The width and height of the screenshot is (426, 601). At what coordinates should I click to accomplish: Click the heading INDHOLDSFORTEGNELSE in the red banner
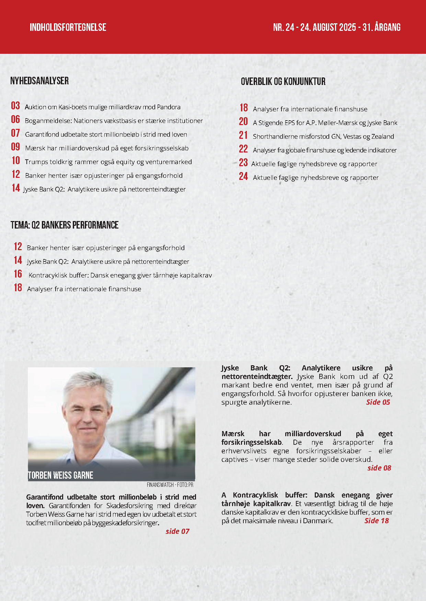(68, 27)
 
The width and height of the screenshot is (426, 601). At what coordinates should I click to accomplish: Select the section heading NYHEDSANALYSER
(39, 81)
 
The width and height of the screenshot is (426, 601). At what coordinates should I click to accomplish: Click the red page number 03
(15, 106)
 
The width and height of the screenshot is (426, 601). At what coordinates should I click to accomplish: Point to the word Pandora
(169, 107)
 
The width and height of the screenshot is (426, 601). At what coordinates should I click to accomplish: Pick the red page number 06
(15, 120)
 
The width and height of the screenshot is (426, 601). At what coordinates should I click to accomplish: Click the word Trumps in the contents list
(36, 162)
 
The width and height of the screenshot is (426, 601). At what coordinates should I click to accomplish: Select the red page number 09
(15, 147)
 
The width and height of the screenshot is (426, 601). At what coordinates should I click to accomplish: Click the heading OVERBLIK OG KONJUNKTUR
(283, 82)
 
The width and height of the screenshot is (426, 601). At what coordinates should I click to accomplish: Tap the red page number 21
(243, 135)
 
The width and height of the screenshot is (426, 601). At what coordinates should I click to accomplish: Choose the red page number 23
(243, 163)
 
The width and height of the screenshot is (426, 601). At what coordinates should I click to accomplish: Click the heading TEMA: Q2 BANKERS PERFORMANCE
(65, 225)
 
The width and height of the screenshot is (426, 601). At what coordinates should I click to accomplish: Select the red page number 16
(18, 274)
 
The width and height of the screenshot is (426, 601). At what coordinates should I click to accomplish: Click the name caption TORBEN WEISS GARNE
(60, 475)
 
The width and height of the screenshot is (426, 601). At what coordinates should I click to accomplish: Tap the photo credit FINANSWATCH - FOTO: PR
(170, 485)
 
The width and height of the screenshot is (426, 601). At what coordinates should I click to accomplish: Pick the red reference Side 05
(378, 402)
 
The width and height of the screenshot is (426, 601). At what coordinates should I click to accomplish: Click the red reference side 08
(379, 468)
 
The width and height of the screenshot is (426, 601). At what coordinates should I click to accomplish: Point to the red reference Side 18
(377, 521)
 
